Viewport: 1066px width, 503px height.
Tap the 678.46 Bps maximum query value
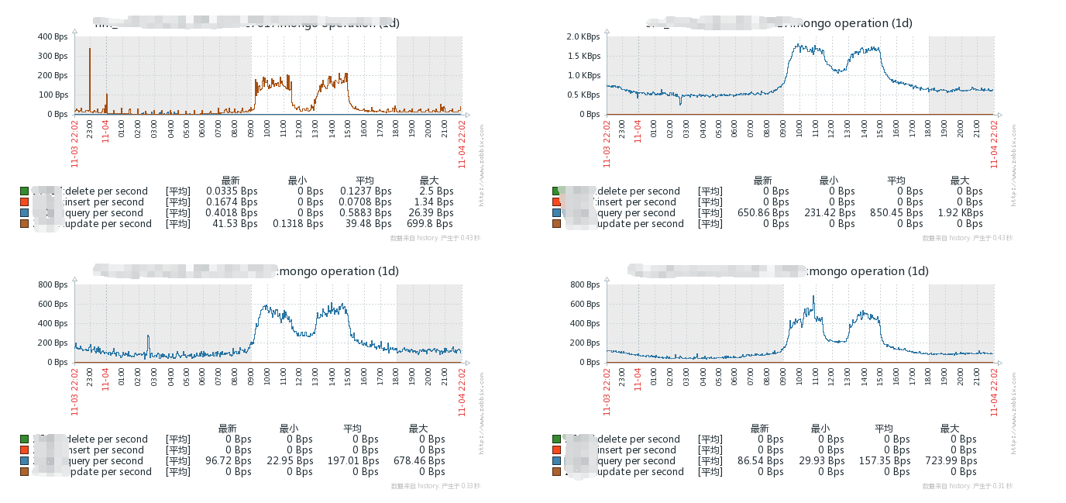419,461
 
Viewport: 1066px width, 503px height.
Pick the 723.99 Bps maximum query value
951,461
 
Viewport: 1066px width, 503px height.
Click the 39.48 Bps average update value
366,224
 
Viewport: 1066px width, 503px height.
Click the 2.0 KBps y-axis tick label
583,37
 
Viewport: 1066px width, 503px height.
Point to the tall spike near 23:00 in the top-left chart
90,50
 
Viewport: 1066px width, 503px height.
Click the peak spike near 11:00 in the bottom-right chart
813,296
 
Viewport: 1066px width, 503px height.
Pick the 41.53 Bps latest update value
232,224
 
